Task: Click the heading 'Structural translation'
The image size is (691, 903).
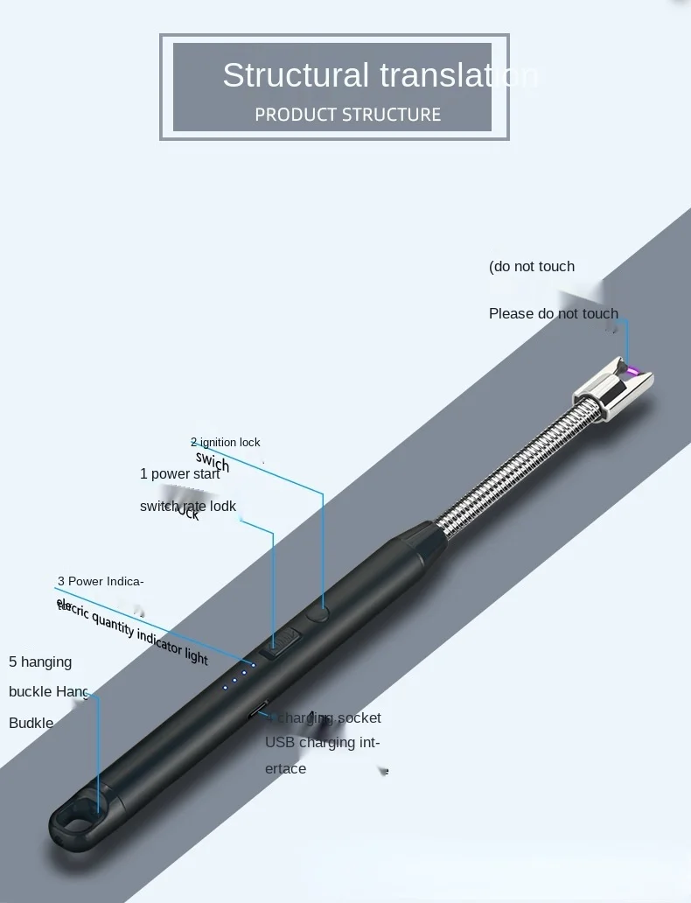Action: click(380, 75)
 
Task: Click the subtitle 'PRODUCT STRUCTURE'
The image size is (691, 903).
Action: click(347, 115)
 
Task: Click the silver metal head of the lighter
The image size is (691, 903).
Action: click(611, 390)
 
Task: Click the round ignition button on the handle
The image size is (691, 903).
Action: click(323, 614)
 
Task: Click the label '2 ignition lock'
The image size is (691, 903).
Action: click(226, 443)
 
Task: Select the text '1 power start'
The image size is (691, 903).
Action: click(180, 474)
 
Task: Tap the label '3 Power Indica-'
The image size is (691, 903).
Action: click(101, 582)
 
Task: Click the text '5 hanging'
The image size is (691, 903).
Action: click(40, 662)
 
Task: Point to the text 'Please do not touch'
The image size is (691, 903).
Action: click(553, 314)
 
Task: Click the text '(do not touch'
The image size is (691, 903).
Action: click(532, 267)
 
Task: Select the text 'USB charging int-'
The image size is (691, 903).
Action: click(322, 743)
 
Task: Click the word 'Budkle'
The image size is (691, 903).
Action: click(31, 724)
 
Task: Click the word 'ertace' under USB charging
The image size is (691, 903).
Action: click(286, 769)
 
